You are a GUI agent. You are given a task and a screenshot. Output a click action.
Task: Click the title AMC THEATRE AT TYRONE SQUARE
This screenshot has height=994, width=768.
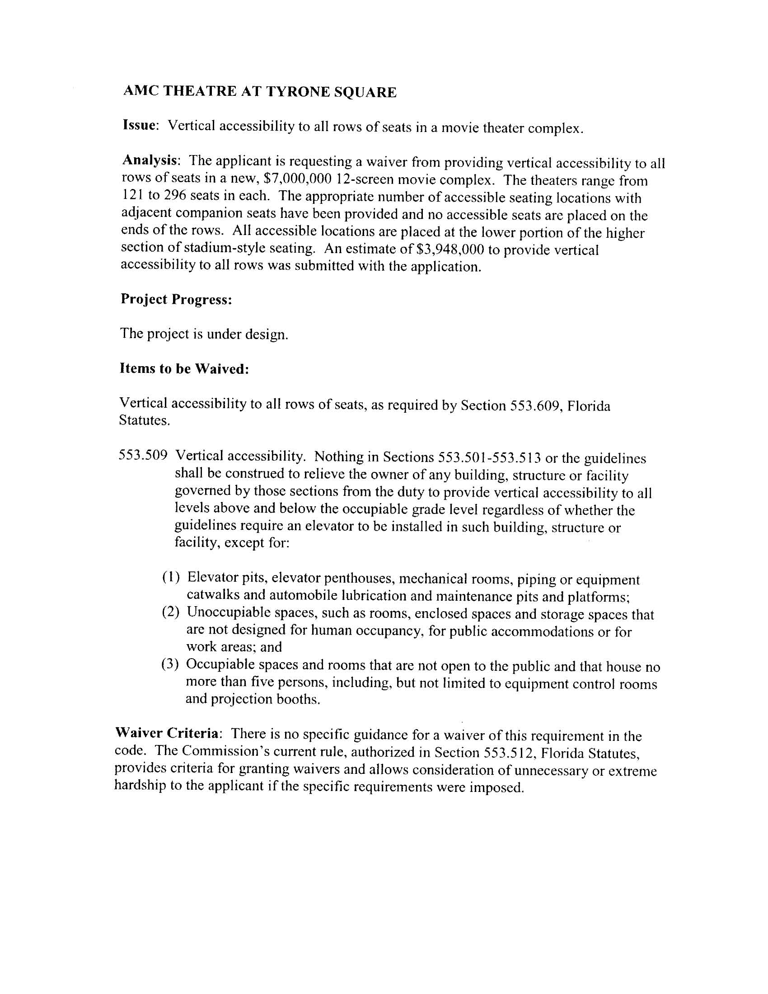260,92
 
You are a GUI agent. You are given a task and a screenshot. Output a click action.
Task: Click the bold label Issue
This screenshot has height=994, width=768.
140,126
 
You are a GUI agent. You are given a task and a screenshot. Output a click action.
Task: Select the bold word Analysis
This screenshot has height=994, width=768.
150,160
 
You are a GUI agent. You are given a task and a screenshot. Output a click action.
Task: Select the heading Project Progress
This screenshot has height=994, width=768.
177,300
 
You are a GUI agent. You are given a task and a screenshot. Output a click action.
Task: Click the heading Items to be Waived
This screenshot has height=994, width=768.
184,369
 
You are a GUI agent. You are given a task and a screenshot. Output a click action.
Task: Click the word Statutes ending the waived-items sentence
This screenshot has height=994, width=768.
144,420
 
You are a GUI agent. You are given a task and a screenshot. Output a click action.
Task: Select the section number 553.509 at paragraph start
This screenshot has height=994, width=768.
143,455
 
